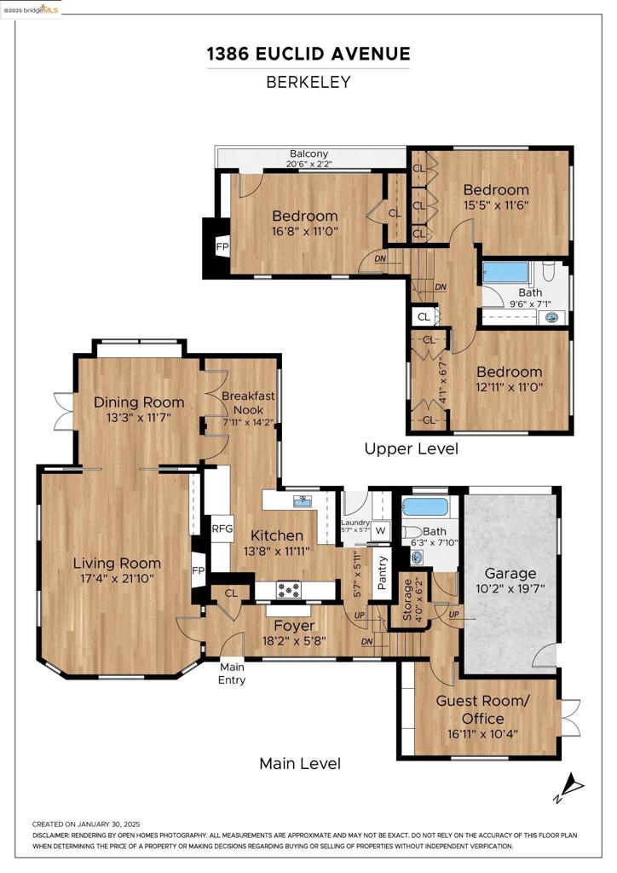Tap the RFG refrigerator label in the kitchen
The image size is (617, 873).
(222, 529)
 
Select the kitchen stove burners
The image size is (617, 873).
(289, 590)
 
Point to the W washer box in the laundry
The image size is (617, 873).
(381, 530)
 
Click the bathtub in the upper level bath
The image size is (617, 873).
(505, 272)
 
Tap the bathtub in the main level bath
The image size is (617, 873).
(425, 507)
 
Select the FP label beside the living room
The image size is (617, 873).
(198, 570)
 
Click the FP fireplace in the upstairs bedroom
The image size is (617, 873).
(222, 246)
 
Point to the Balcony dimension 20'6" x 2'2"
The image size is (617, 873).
(308, 164)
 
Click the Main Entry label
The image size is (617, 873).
(232, 674)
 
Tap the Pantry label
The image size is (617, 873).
(383, 572)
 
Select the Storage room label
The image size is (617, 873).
(407, 600)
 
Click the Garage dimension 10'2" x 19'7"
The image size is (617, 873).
(510, 588)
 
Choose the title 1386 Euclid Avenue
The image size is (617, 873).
(308, 54)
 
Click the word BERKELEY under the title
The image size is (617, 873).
(308, 83)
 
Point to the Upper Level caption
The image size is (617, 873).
(411, 448)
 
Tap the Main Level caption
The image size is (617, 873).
(300, 763)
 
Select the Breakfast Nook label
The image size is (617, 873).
(248, 402)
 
